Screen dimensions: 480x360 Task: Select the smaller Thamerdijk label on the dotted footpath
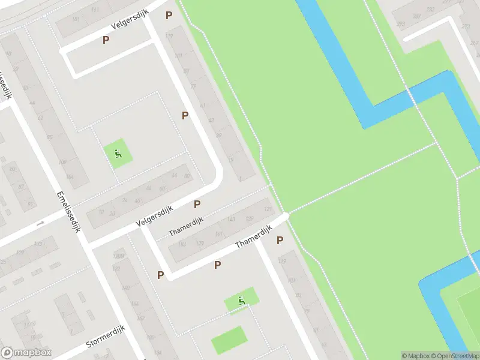pos(186,227)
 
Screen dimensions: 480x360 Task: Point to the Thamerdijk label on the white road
pos(254,237)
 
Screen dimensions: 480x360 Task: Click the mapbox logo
pos(26,353)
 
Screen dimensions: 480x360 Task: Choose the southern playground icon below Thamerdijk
pos(242,300)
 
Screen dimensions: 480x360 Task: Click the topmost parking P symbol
pos(169,15)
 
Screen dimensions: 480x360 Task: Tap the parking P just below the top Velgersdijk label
pos(106,40)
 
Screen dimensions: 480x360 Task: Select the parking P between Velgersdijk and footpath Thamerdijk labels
pos(197,204)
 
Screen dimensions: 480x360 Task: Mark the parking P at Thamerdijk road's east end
pos(280,240)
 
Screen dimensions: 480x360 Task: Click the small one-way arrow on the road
pos(40,223)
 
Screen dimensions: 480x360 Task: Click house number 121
pos(267,209)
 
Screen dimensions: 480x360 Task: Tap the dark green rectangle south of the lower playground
pos(229,340)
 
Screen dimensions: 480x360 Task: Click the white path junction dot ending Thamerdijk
pos(286,215)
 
